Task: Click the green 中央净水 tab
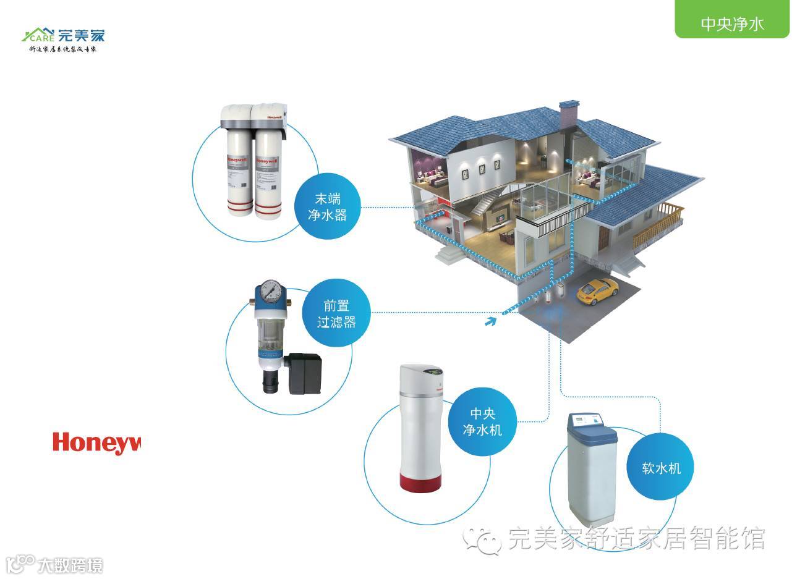(732, 23)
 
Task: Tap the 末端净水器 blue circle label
(328, 207)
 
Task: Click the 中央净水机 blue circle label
(482, 421)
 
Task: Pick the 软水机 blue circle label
(661, 468)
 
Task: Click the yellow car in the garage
(597, 290)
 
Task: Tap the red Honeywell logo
(96, 442)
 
